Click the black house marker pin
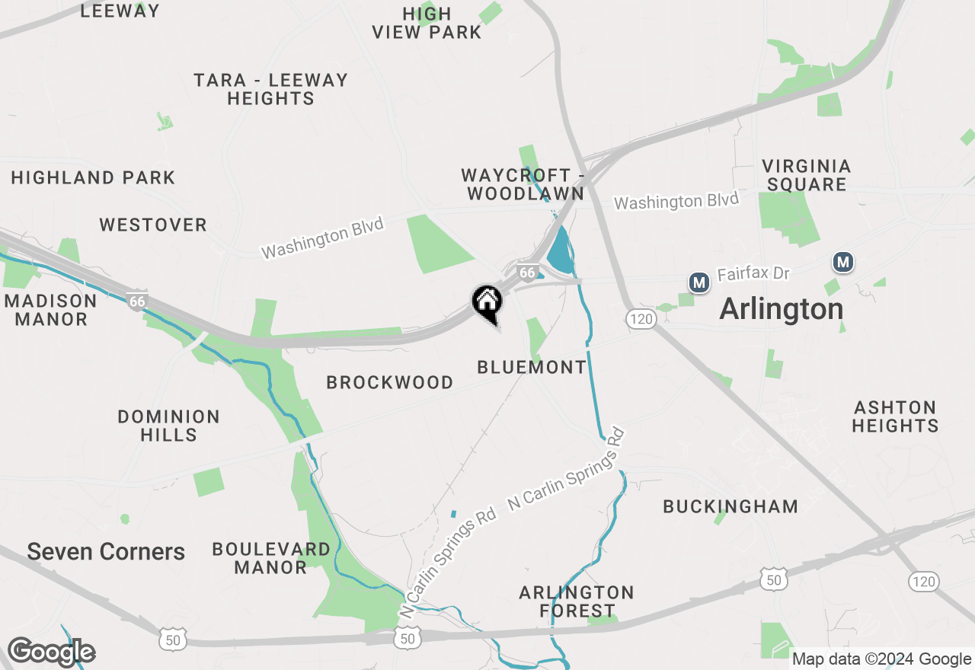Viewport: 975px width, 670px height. click(x=487, y=303)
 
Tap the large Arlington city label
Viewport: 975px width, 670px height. click(x=781, y=309)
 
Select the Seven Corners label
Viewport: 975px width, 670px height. click(x=106, y=552)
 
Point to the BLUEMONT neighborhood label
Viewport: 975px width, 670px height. click(x=532, y=367)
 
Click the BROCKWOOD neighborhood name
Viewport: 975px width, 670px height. click(x=389, y=382)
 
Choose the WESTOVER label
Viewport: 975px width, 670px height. click(x=153, y=225)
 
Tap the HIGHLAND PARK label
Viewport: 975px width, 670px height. click(x=93, y=177)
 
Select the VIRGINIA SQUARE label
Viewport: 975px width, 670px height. click(x=807, y=175)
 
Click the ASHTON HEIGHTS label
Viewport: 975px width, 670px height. click(x=895, y=416)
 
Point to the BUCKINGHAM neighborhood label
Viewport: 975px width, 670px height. click(x=730, y=506)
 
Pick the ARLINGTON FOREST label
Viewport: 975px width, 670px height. click(x=577, y=601)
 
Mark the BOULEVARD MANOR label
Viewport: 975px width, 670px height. click(x=271, y=558)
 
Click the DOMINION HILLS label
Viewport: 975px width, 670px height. click(x=168, y=426)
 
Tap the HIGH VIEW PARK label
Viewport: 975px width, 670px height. click(x=427, y=23)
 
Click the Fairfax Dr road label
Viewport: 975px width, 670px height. click(x=753, y=273)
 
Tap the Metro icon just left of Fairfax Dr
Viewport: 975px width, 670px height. click(x=698, y=282)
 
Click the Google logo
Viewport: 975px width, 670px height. click(x=51, y=652)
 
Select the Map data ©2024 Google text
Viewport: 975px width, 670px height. click(x=881, y=659)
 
